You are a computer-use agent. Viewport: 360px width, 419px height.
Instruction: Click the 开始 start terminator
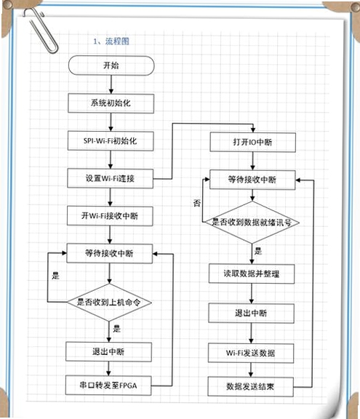pyautogui.click(x=111, y=65)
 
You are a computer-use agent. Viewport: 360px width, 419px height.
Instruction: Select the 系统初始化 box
pyautogui.click(x=111, y=103)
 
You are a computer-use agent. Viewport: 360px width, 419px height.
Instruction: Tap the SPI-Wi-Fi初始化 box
pyautogui.click(x=111, y=141)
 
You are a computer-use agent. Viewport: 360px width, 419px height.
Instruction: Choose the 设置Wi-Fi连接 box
pyautogui.click(x=111, y=178)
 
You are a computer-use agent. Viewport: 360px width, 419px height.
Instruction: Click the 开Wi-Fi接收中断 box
pyautogui.click(x=110, y=216)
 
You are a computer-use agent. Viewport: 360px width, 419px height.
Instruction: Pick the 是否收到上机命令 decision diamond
pyautogui.click(x=109, y=302)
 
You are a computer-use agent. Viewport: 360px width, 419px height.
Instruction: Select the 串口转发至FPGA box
pyautogui.click(x=108, y=386)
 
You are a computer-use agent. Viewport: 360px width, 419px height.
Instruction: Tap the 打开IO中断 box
pyautogui.click(x=252, y=142)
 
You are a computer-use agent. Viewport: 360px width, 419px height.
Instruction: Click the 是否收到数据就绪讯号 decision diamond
pyautogui.click(x=252, y=222)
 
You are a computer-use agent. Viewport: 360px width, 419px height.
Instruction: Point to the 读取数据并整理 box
pyautogui.click(x=252, y=274)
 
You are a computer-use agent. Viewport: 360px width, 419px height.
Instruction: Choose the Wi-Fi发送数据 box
pyautogui.click(x=251, y=353)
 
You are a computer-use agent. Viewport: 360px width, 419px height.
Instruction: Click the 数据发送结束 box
pyautogui.click(x=250, y=387)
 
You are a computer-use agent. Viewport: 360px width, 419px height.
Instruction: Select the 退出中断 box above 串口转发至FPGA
pyautogui.click(x=108, y=352)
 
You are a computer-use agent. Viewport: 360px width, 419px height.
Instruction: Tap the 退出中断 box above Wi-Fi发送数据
pyautogui.click(x=252, y=313)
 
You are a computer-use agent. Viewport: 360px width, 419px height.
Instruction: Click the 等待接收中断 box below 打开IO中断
pyautogui.click(x=252, y=180)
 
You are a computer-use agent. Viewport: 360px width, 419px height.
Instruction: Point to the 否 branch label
pyautogui.click(x=197, y=203)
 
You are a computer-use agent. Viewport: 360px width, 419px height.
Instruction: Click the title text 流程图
pyautogui.click(x=117, y=41)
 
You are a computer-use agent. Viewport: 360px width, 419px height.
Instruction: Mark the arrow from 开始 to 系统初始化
pyautogui.click(x=111, y=84)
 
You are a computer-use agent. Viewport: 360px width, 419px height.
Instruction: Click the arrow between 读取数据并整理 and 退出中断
pyautogui.click(x=252, y=293)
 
